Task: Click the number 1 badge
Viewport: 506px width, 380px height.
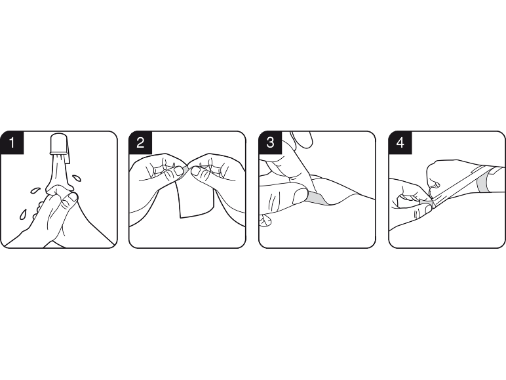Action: click(x=12, y=142)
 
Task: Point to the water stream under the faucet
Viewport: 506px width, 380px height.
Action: click(x=58, y=172)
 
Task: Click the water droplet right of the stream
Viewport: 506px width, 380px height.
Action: click(x=77, y=178)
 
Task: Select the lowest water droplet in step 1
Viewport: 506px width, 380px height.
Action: click(x=23, y=214)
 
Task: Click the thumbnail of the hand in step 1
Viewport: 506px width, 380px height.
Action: click(x=73, y=196)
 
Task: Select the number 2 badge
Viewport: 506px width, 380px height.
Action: click(x=140, y=142)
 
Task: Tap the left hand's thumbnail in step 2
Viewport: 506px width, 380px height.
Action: click(x=177, y=171)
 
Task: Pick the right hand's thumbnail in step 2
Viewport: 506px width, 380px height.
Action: click(x=195, y=171)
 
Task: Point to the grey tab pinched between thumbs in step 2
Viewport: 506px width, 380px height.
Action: click(x=187, y=169)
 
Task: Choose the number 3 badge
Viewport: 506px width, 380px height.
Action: click(x=271, y=142)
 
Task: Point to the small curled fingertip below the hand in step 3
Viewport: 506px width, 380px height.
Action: click(x=265, y=221)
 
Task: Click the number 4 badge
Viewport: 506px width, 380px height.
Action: click(x=400, y=142)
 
